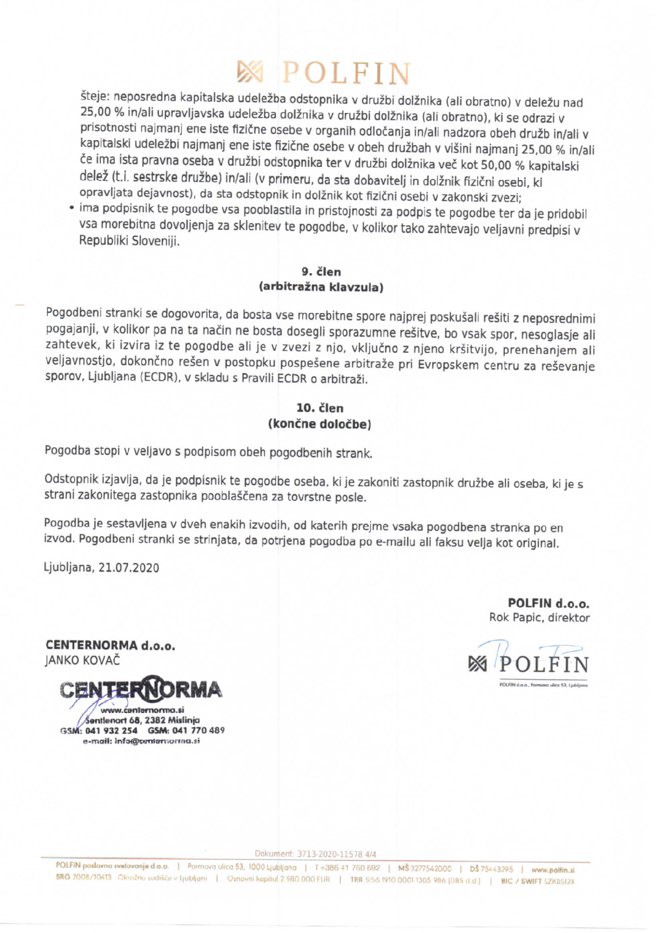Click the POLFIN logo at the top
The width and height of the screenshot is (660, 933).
pyautogui.click(x=324, y=73)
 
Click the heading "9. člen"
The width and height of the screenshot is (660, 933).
pyautogui.click(x=321, y=271)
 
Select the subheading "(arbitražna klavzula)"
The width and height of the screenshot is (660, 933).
pyautogui.click(x=321, y=287)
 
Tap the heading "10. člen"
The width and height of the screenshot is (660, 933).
pyautogui.click(x=320, y=408)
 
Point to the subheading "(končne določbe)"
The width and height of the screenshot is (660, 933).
pyautogui.click(x=320, y=424)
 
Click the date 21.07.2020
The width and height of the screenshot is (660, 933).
pyautogui.click(x=129, y=568)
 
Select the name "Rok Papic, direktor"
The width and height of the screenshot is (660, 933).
pyautogui.click(x=539, y=617)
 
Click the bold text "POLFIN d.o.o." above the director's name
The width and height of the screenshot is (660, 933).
pyautogui.click(x=548, y=603)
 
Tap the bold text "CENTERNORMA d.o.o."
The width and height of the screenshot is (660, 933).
pyautogui.click(x=110, y=645)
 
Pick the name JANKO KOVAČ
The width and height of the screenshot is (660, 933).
pyautogui.click(x=83, y=660)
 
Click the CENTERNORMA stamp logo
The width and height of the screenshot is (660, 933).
pyautogui.click(x=141, y=690)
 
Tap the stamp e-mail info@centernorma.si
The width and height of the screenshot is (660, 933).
pyautogui.click(x=157, y=741)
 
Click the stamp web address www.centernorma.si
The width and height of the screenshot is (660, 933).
pyautogui.click(x=142, y=710)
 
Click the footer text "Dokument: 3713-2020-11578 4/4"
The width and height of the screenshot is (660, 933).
pyautogui.click(x=315, y=854)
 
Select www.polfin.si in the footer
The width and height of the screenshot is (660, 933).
pyautogui.click(x=552, y=869)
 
